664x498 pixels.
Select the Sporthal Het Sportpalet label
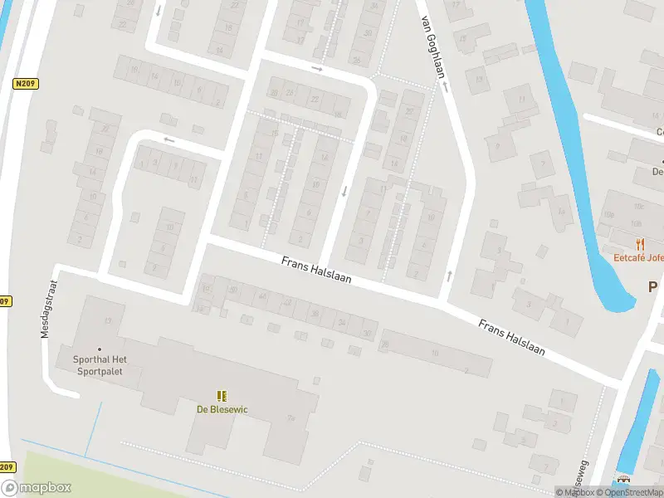tap(99, 366)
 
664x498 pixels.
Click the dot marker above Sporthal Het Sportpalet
tap(100, 349)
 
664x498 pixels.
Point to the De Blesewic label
tap(222, 409)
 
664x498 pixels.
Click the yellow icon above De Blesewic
tap(222, 396)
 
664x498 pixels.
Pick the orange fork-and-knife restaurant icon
tap(639, 243)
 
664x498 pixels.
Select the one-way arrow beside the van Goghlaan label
tap(445, 85)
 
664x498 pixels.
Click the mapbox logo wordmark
tap(37, 488)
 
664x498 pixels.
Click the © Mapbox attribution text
tap(574, 492)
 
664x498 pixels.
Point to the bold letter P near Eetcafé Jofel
tap(654, 286)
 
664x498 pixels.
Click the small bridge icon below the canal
tap(623, 480)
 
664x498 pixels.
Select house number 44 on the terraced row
tap(263, 296)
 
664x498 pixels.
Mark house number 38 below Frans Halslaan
tap(315, 313)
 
